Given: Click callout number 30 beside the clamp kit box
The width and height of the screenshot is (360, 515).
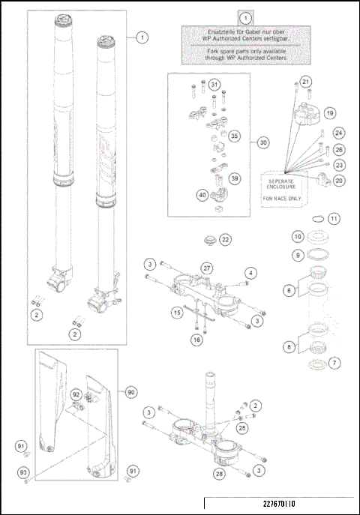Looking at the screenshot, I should (x=262, y=142).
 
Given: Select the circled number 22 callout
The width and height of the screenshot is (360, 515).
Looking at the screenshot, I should (x=226, y=239).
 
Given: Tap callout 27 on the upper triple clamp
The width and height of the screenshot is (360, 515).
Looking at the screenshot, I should (x=206, y=268).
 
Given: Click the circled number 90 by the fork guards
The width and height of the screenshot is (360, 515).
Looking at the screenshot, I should (x=131, y=392).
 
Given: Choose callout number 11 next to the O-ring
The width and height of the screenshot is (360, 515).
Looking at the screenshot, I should (x=334, y=219).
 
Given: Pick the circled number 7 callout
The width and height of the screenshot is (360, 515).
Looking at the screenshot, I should (x=334, y=362).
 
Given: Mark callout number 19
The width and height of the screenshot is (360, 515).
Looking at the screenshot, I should (x=329, y=112).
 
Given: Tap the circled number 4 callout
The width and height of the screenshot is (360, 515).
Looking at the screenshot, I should (x=252, y=272).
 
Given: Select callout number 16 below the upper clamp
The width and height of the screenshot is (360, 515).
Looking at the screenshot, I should (x=196, y=340).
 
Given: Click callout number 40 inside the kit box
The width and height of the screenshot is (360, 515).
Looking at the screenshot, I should (x=202, y=195).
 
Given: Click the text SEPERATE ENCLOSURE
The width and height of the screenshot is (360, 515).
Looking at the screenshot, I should (x=279, y=181).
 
